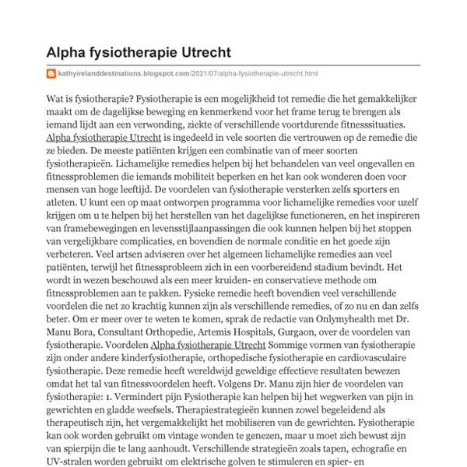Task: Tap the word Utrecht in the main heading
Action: point(198,53)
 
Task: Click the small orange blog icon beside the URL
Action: point(51,74)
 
